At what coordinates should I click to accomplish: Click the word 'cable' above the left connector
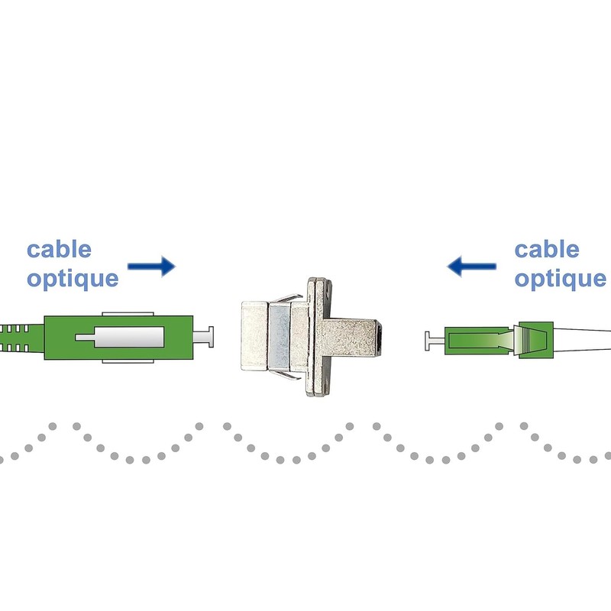pos(59,249)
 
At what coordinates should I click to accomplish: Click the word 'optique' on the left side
pos(73,278)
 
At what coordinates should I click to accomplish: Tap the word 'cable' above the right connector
pos(546,249)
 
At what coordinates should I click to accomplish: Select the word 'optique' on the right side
pos(560,278)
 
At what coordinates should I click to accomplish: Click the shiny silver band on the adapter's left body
pos(280,336)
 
